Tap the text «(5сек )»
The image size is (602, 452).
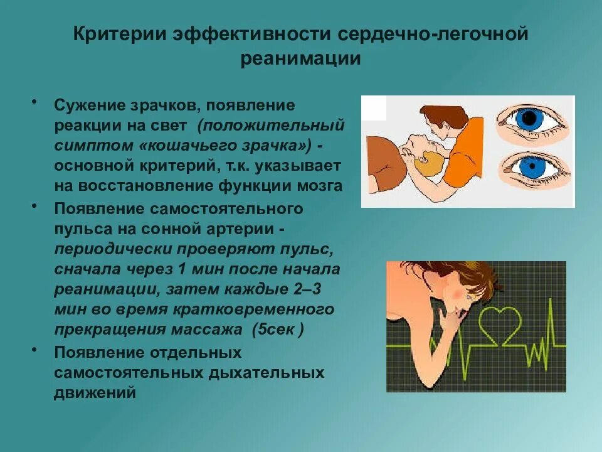278,328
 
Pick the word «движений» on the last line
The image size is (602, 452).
95,393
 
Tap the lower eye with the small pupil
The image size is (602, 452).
532,168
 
